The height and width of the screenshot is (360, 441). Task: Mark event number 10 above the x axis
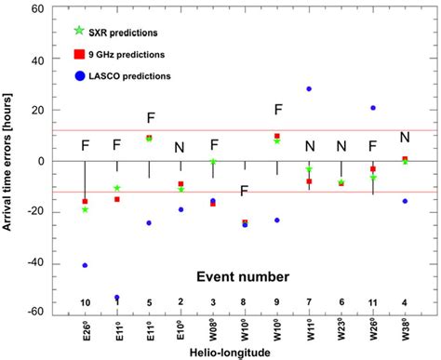pos(85,302)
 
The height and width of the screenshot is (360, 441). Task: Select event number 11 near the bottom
pos(373,302)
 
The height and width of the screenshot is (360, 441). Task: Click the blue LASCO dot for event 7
pos(309,89)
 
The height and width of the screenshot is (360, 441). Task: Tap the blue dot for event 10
pos(85,265)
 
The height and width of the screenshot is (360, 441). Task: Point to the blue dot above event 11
pos(373,108)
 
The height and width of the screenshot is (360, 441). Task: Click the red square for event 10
pos(85,201)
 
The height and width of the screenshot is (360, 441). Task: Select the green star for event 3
pos(213,162)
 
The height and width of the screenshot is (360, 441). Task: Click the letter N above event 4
pos(405,138)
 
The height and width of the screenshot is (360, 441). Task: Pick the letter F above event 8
pos(245,191)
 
